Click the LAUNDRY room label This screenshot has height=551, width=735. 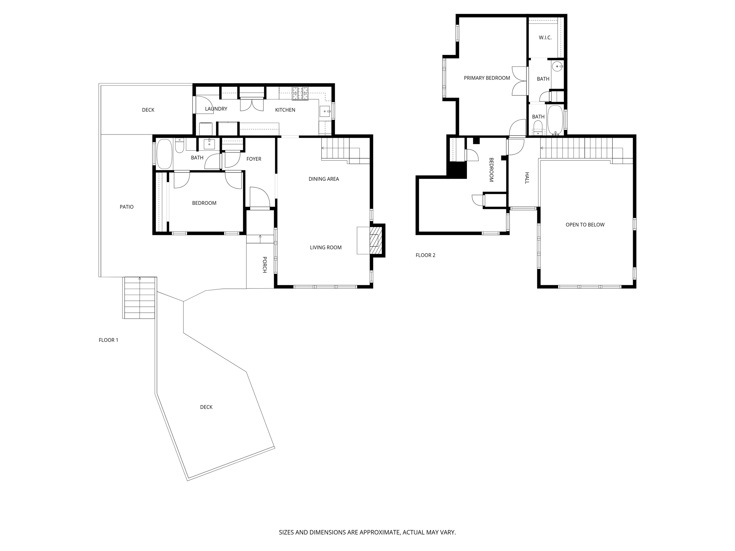[216, 109]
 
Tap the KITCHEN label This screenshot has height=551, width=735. [285, 110]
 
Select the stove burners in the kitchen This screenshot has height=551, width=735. [300, 93]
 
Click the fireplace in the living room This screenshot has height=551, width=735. [376, 240]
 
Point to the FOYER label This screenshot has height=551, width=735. [254, 159]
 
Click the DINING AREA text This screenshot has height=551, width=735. [324, 179]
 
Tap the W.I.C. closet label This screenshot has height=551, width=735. [545, 38]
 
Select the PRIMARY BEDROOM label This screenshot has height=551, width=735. [487, 78]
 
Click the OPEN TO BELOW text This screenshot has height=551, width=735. [585, 225]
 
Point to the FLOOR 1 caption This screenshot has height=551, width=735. [108, 340]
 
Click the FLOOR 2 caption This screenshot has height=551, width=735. [426, 255]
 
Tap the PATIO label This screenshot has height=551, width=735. [127, 207]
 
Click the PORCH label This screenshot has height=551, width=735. [264, 265]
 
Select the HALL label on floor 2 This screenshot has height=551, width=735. [527, 178]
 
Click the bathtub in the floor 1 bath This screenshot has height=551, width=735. [165, 154]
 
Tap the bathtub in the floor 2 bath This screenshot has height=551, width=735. [555, 120]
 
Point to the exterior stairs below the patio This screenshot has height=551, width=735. [140, 298]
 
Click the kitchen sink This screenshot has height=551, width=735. [325, 111]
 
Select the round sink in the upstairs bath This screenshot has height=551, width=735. [557, 66]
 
